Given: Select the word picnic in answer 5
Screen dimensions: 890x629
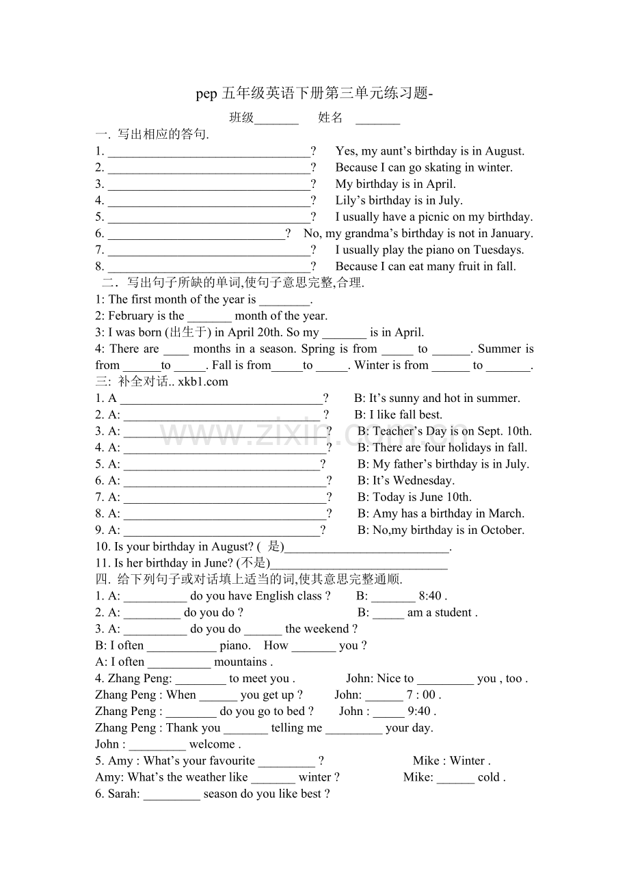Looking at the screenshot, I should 433,217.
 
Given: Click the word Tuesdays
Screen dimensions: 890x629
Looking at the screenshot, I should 498,250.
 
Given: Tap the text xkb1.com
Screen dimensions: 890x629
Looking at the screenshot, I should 203,381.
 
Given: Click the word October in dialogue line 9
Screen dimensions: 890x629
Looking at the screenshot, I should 503,530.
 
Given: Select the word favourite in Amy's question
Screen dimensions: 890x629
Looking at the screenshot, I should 224,761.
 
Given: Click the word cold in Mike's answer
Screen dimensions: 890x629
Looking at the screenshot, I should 490,777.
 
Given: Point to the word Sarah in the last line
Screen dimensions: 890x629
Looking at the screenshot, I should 123,794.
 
